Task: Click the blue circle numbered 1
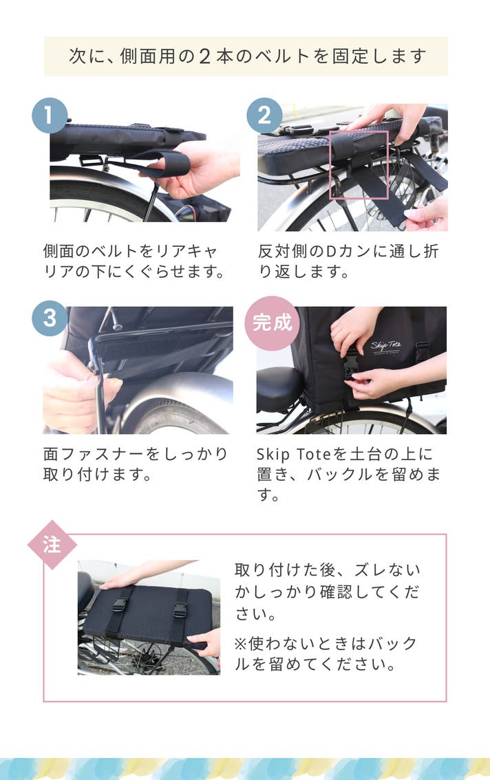tap(50, 116)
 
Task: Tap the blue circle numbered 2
tap(264, 116)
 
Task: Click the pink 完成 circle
tap(272, 323)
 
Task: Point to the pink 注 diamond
tap(52, 545)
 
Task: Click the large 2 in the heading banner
tap(204, 56)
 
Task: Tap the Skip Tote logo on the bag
tap(386, 347)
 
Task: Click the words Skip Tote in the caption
tap(294, 454)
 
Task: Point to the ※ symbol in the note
tap(241, 644)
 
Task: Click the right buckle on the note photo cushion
tap(180, 609)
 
